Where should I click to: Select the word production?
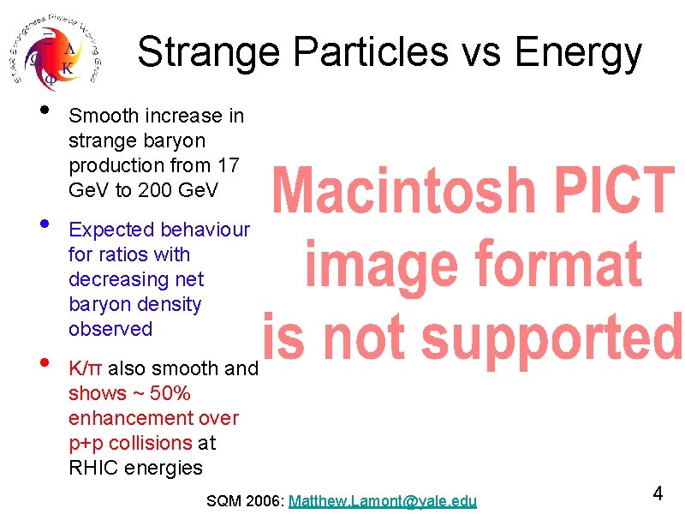[x=109, y=164]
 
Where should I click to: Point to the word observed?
[x=110, y=329]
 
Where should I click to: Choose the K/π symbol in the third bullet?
[x=86, y=368]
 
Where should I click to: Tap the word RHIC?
[x=93, y=468]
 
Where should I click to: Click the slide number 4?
[x=658, y=493]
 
